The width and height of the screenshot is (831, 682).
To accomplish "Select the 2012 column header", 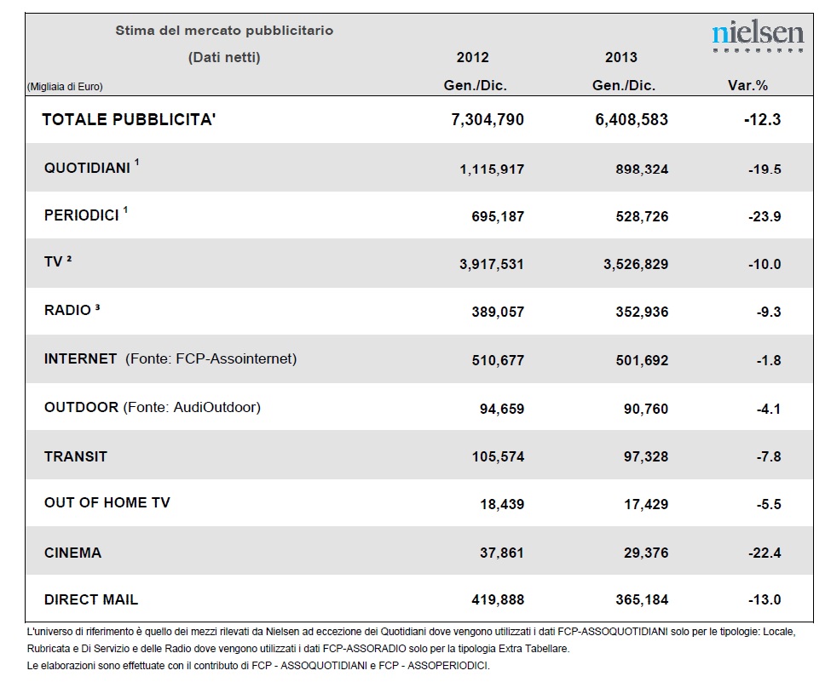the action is point(473,57).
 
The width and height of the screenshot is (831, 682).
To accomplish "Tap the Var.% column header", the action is point(747,85).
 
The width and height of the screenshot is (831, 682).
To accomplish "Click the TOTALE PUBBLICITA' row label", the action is point(129,119).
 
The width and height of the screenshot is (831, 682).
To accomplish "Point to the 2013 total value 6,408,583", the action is point(632,120).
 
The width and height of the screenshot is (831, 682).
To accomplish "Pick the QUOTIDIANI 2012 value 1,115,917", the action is point(492,169).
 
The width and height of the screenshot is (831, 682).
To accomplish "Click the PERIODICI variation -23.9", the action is point(765,216).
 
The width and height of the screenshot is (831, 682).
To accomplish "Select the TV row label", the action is point(58,261).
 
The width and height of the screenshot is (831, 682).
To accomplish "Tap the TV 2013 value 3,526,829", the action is point(636,264).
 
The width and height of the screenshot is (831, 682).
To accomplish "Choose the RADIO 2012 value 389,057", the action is point(498,312).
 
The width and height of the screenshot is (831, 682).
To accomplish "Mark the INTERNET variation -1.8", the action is point(769,361).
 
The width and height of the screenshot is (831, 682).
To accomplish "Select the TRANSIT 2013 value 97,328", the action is point(646,456).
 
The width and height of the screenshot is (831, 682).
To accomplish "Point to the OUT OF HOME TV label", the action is point(107,502).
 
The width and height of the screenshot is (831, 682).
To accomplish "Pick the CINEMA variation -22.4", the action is point(765,553).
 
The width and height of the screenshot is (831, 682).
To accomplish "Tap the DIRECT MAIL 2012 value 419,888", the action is point(498,600).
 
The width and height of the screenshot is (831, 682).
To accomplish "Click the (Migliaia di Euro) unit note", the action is point(65,87).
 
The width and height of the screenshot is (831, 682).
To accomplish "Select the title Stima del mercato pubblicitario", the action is point(224,31).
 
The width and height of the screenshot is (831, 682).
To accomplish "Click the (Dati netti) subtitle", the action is point(224,57).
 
